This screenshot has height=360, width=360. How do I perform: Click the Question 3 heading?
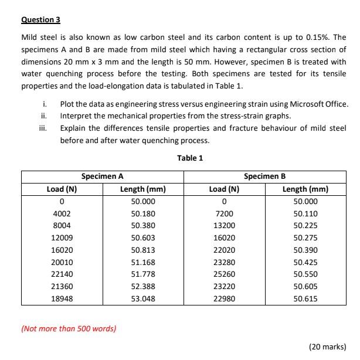pyautogui.click(x=41, y=19)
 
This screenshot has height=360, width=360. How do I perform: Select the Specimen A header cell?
pyautogui.click(x=102, y=176)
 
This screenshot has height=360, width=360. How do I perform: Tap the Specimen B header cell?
pyautogui.click(x=265, y=176)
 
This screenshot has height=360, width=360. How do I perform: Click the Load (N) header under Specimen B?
pyautogui.click(x=224, y=189)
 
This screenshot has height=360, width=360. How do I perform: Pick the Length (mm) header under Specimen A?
pyautogui.click(x=143, y=189)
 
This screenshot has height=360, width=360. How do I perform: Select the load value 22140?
pyautogui.click(x=62, y=274)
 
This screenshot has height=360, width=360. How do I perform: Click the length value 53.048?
pyautogui.click(x=143, y=298)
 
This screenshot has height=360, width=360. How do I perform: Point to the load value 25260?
pyautogui.click(x=224, y=274)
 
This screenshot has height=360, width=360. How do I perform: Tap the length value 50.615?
pyautogui.click(x=305, y=298)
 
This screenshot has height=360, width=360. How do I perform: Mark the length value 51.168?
pyautogui.click(x=143, y=262)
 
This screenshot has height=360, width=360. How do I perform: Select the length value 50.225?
pyautogui.click(x=305, y=226)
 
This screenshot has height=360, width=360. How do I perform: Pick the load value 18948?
pyautogui.click(x=62, y=298)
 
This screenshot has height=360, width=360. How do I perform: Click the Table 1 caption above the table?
pyautogui.click(x=189, y=158)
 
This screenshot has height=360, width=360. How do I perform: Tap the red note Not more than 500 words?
pyautogui.click(x=69, y=328)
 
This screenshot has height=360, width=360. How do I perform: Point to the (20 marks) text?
pyautogui.click(x=327, y=347)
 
